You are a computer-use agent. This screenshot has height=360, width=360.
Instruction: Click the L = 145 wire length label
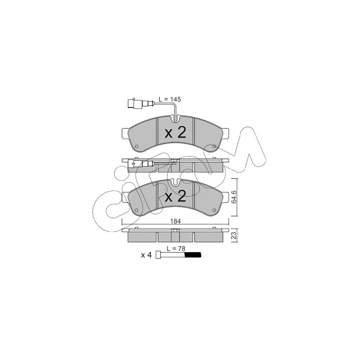tap(170, 99)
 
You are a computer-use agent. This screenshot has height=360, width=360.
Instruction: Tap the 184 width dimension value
tap(175, 221)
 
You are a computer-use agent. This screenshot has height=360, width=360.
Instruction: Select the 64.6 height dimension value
tap(234, 198)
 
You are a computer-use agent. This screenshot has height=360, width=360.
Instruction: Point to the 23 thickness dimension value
tap(234, 235)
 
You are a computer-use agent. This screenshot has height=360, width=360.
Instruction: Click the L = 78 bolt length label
tap(176, 248)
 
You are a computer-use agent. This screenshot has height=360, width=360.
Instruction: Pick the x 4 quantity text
tap(147, 255)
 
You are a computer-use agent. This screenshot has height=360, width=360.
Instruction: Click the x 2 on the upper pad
tap(175, 133)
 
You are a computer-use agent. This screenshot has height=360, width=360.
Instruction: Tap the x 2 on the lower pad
tap(175, 197)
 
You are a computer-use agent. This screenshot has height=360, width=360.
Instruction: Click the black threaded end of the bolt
tap(193, 255)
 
